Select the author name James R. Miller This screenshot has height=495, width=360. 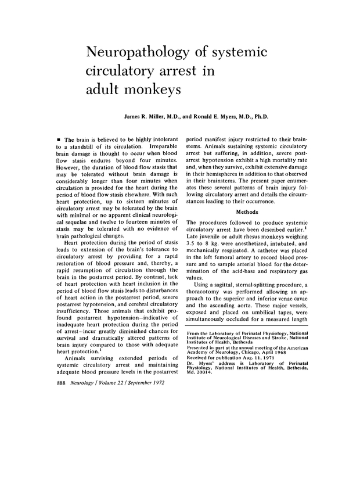(148, 117)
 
